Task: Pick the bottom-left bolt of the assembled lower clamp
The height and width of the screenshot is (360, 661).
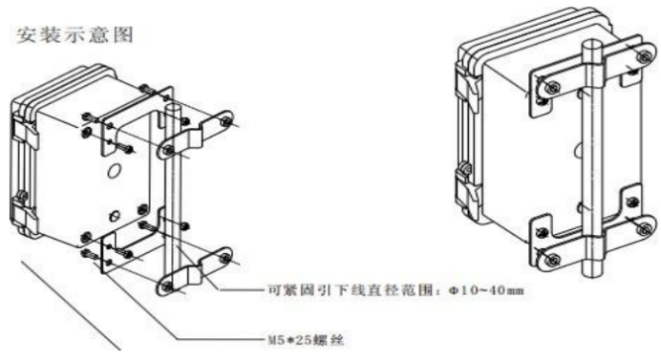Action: pyautogui.click(x=550, y=256)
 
